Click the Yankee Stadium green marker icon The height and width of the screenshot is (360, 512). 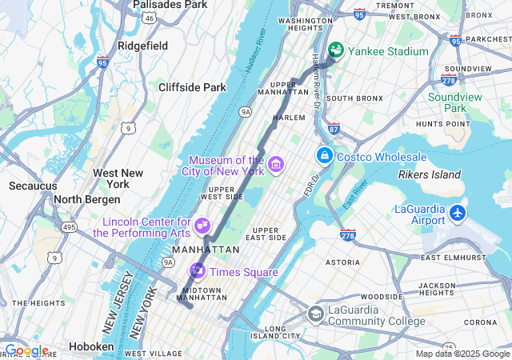[335, 50]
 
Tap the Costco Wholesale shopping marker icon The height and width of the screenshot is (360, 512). [324, 155]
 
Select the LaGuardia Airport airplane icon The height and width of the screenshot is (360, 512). [457, 213]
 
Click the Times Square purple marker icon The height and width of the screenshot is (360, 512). [197, 271]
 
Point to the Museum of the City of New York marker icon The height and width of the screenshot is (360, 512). [276, 165]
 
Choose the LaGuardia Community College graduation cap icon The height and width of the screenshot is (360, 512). [315, 314]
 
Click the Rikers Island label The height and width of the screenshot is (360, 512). [430, 174]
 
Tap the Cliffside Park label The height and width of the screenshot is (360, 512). [192, 87]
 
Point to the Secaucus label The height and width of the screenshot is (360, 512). [33, 186]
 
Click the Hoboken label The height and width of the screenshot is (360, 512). [90, 346]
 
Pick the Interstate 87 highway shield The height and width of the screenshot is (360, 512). [334, 128]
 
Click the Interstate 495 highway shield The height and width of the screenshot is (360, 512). [70, 227]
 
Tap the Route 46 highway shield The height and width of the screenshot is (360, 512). [150, 18]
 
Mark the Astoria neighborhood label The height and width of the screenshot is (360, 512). [342, 262]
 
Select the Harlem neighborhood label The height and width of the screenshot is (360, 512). [289, 117]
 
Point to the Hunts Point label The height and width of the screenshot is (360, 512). [442, 124]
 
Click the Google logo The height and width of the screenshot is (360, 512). [26, 350]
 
